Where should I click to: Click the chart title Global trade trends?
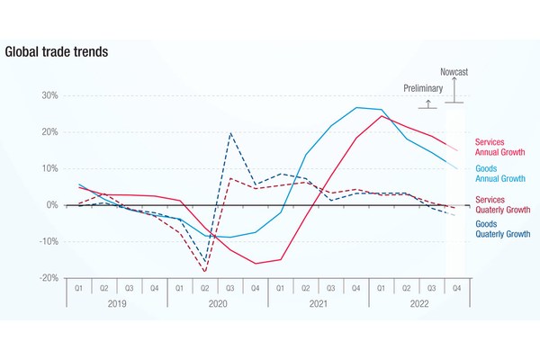coord(57,51)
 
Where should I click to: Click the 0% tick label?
coord(51,205)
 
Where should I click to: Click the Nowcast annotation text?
coord(454,71)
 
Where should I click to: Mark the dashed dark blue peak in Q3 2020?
coord(230,133)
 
